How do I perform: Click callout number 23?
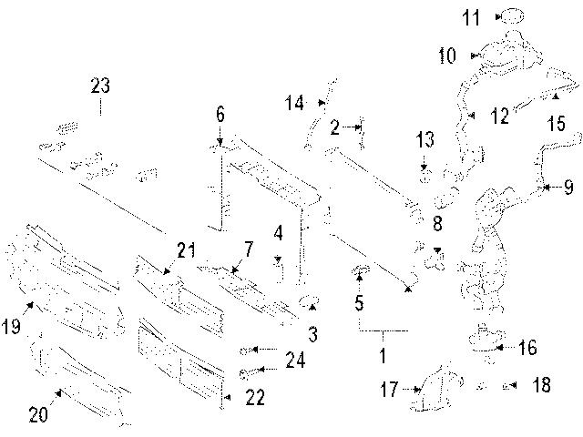99,87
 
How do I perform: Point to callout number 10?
446,56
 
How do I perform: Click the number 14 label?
292,103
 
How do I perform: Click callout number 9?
568,188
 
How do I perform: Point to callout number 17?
390,391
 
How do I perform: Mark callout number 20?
38,414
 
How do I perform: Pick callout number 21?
187,250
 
